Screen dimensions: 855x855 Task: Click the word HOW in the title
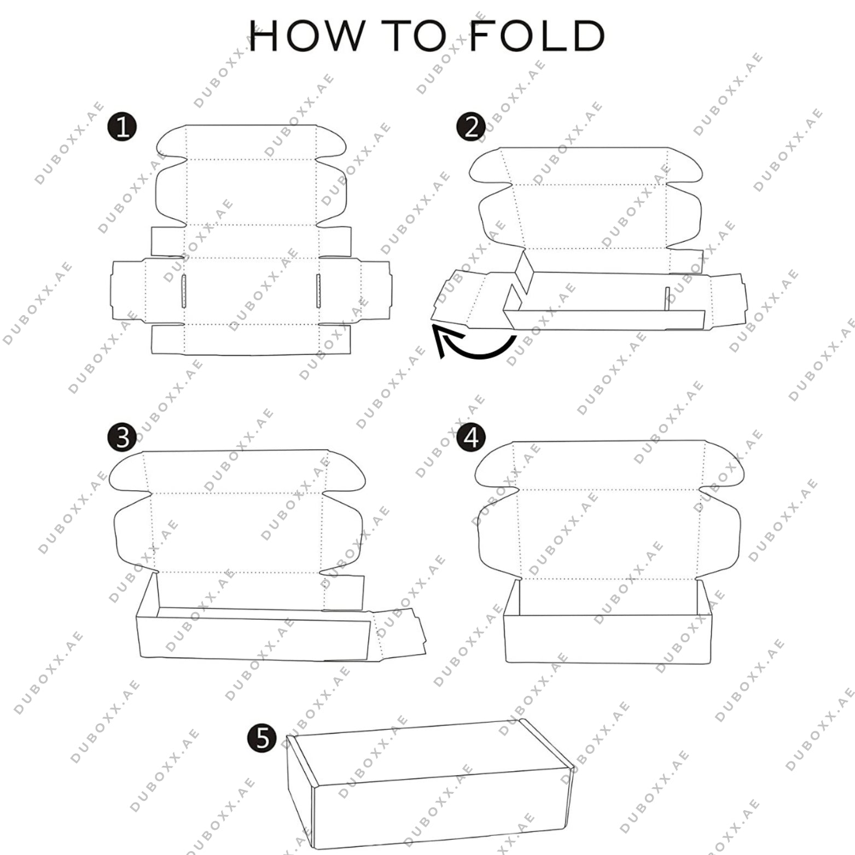[x=306, y=36]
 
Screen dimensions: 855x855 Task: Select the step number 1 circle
[x=122, y=127]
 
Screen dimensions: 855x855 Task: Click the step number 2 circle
[x=470, y=128]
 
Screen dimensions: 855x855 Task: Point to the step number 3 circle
[x=122, y=438]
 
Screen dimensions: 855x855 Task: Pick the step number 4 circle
[x=471, y=438]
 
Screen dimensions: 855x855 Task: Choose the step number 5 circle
[x=262, y=738]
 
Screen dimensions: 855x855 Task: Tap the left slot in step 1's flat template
[x=184, y=291]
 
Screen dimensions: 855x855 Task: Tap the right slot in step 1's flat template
[x=318, y=291]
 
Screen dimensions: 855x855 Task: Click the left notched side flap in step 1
[x=129, y=290]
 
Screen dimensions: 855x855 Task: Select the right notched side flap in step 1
[x=375, y=290]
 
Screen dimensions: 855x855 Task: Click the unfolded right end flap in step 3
[x=398, y=636]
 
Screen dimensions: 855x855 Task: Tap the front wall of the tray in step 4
[x=608, y=638]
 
